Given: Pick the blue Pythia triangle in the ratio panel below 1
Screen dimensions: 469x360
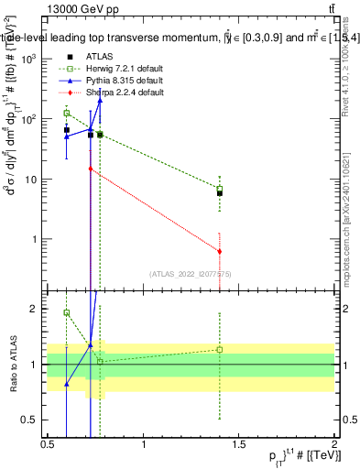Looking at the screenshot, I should [67, 384].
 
